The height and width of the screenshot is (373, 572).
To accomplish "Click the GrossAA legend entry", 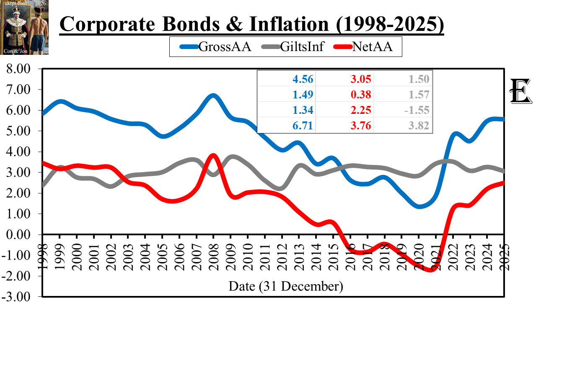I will tap(216, 46).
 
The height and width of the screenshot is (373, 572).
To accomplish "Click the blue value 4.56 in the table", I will tap(303, 79).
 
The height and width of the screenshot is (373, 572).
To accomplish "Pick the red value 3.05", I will tap(361, 79).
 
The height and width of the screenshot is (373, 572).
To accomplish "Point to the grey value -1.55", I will tap(417, 110).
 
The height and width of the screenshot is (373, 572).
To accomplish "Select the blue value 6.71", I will tap(303, 126).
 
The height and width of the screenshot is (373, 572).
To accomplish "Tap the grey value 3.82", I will tap(419, 126).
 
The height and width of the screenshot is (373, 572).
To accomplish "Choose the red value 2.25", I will tap(361, 110).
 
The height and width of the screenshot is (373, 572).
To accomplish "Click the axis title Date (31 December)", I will tap(286, 286).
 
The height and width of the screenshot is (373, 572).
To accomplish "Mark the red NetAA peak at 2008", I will tap(213, 156).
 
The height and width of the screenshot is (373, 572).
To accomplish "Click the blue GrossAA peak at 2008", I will tap(213, 96).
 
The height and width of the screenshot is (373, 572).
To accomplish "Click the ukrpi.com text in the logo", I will tap(16, 3).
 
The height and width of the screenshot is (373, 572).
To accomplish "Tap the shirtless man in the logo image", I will tap(39, 29).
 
